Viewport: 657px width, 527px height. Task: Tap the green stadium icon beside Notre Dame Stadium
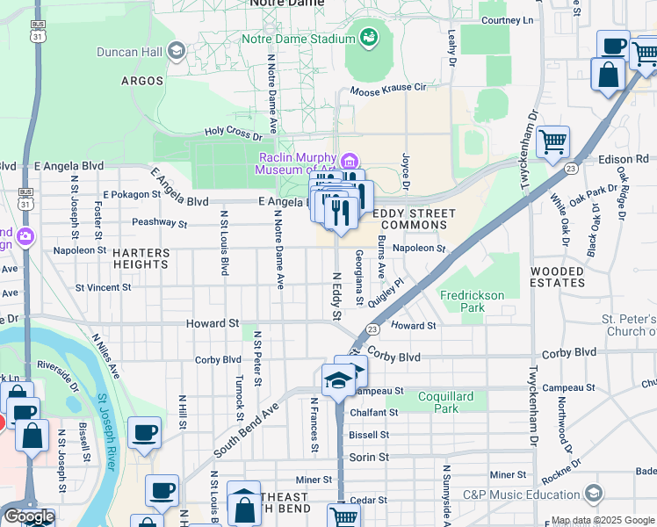(x=368, y=37)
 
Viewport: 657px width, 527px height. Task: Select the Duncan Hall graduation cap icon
(x=178, y=51)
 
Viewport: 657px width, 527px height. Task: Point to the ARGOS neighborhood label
(x=142, y=81)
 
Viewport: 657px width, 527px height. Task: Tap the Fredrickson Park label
(x=473, y=301)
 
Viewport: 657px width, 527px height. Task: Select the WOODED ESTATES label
(x=558, y=277)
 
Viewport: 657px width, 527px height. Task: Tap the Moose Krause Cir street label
(x=387, y=89)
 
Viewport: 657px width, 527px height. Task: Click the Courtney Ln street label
(x=508, y=20)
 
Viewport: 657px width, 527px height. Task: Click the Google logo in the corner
(x=28, y=516)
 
